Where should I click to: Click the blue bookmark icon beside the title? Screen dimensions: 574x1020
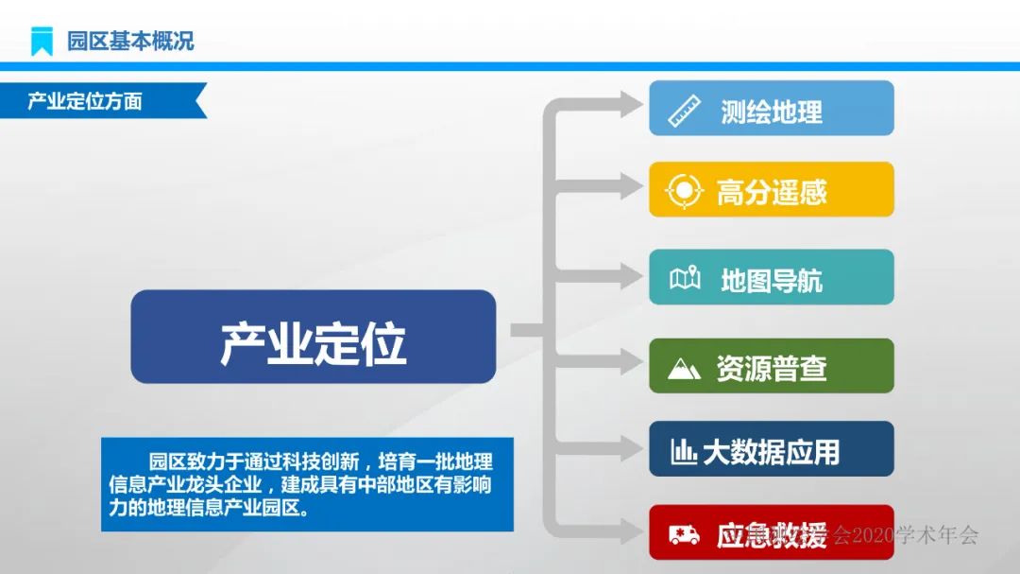(42, 41)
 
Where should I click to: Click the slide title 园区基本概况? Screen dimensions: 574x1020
(130, 41)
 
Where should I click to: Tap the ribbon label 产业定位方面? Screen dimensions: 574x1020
(85, 101)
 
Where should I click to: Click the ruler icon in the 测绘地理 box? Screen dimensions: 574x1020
(684, 111)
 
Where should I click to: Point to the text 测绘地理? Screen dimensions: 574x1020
(772, 112)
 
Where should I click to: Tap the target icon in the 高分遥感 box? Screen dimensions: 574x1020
(682, 191)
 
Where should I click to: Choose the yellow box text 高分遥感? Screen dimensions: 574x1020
(772, 193)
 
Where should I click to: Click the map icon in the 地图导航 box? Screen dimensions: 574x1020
(685, 279)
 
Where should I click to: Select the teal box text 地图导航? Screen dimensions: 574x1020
(772, 280)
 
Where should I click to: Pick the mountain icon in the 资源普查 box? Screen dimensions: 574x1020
(684, 368)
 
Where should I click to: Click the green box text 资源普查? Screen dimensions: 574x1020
(772, 368)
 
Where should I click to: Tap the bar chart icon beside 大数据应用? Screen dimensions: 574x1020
(684, 452)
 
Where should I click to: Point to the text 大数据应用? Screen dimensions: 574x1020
(771, 452)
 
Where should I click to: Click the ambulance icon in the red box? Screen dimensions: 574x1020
(684, 535)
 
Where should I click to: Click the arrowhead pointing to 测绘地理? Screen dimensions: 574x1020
(631, 105)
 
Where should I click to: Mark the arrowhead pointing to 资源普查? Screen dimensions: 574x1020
(631, 360)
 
